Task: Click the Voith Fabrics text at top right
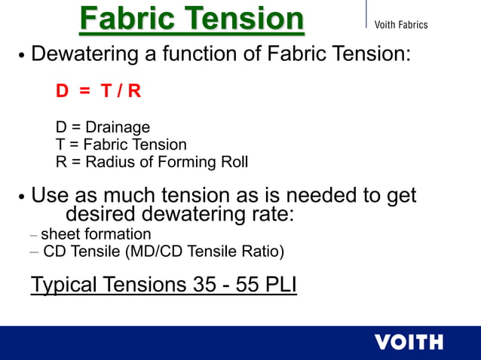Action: tap(401, 25)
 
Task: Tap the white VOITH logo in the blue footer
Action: tap(409, 342)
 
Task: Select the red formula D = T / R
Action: tap(98, 91)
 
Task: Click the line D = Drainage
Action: tap(103, 127)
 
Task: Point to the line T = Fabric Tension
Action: tap(121, 145)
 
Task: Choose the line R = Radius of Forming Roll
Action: tap(152, 161)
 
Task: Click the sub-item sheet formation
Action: tap(96, 234)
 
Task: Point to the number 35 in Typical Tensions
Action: tap(198, 285)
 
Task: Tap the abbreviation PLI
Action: tap(279, 285)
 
